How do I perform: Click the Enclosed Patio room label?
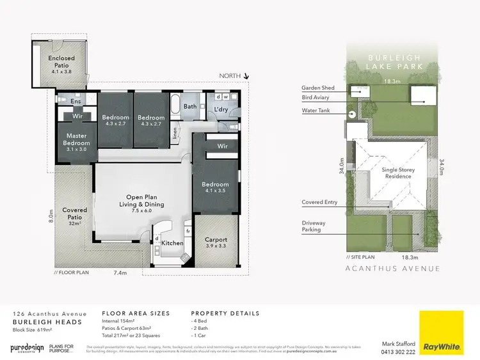pyautogui.click(x=61, y=61)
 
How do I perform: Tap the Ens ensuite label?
pyautogui.click(x=76, y=102)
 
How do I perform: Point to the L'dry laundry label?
pyautogui.click(x=221, y=109)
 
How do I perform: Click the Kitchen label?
pyautogui.click(x=173, y=243)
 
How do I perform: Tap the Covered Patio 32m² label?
pyautogui.click(x=74, y=214)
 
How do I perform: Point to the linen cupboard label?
pyautogui.click(x=177, y=134)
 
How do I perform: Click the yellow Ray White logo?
pyautogui.click(x=441, y=333)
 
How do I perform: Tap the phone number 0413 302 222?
pyautogui.click(x=397, y=352)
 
